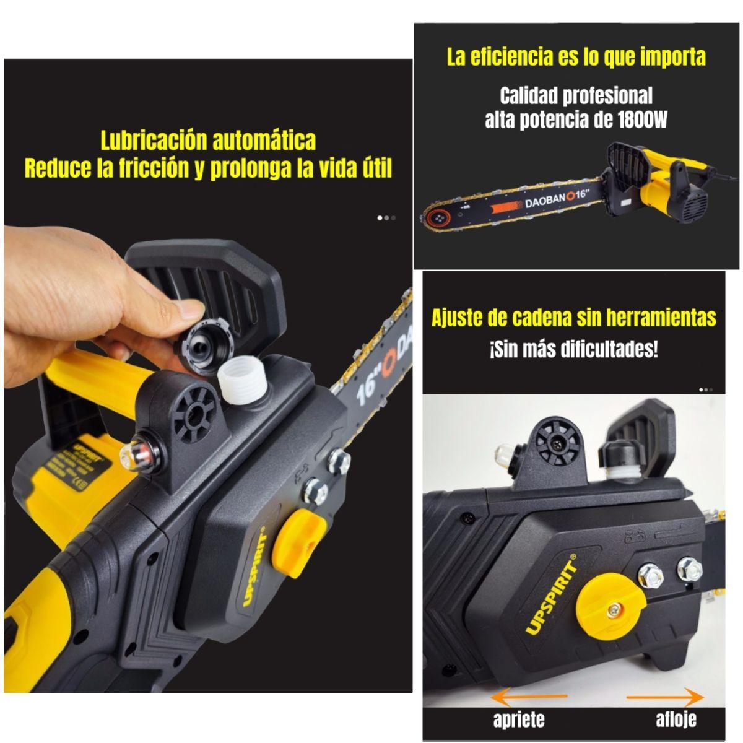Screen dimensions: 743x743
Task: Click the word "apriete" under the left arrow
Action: [519, 719]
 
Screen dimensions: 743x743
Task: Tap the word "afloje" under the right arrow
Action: [676, 719]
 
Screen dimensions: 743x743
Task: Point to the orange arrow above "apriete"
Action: [529, 697]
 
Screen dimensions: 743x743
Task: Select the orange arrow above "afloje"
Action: [665, 697]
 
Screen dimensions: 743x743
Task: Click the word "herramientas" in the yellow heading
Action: [659, 318]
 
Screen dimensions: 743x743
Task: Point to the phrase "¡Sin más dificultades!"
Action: [573, 349]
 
